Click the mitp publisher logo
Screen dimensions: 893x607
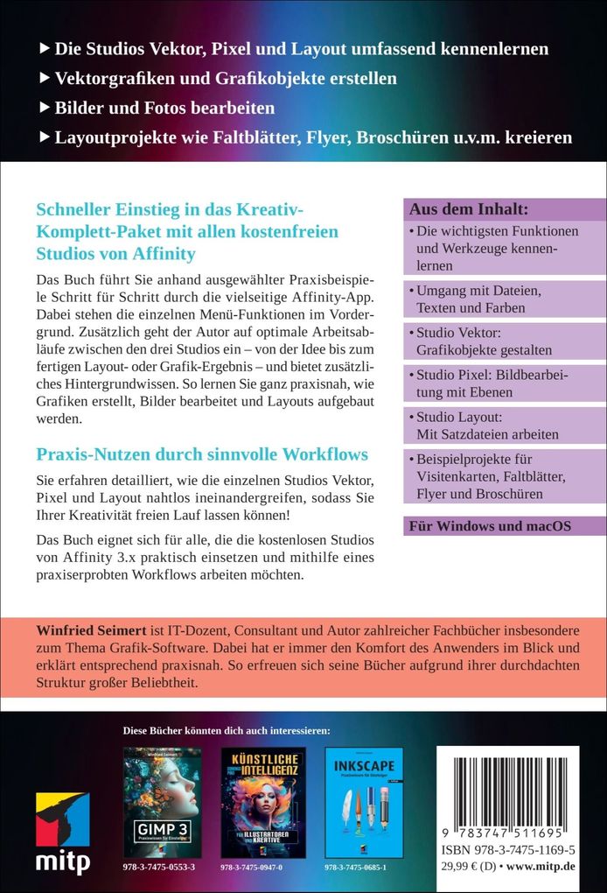click(x=62, y=833)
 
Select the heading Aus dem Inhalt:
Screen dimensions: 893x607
click(x=464, y=209)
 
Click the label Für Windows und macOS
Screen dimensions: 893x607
click(x=490, y=525)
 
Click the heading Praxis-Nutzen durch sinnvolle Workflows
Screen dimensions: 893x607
click(x=201, y=454)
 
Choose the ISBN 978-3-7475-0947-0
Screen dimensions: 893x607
click(x=262, y=866)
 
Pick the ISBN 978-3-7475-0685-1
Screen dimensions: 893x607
click(x=364, y=866)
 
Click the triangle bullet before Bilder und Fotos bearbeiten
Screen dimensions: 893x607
click(x=45, y=109)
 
